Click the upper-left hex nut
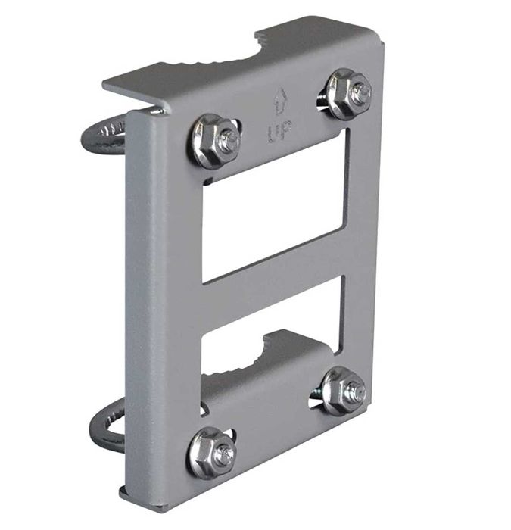coord(214,141)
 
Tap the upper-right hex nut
coord(348,94)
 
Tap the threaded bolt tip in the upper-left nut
coord(226,140)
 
